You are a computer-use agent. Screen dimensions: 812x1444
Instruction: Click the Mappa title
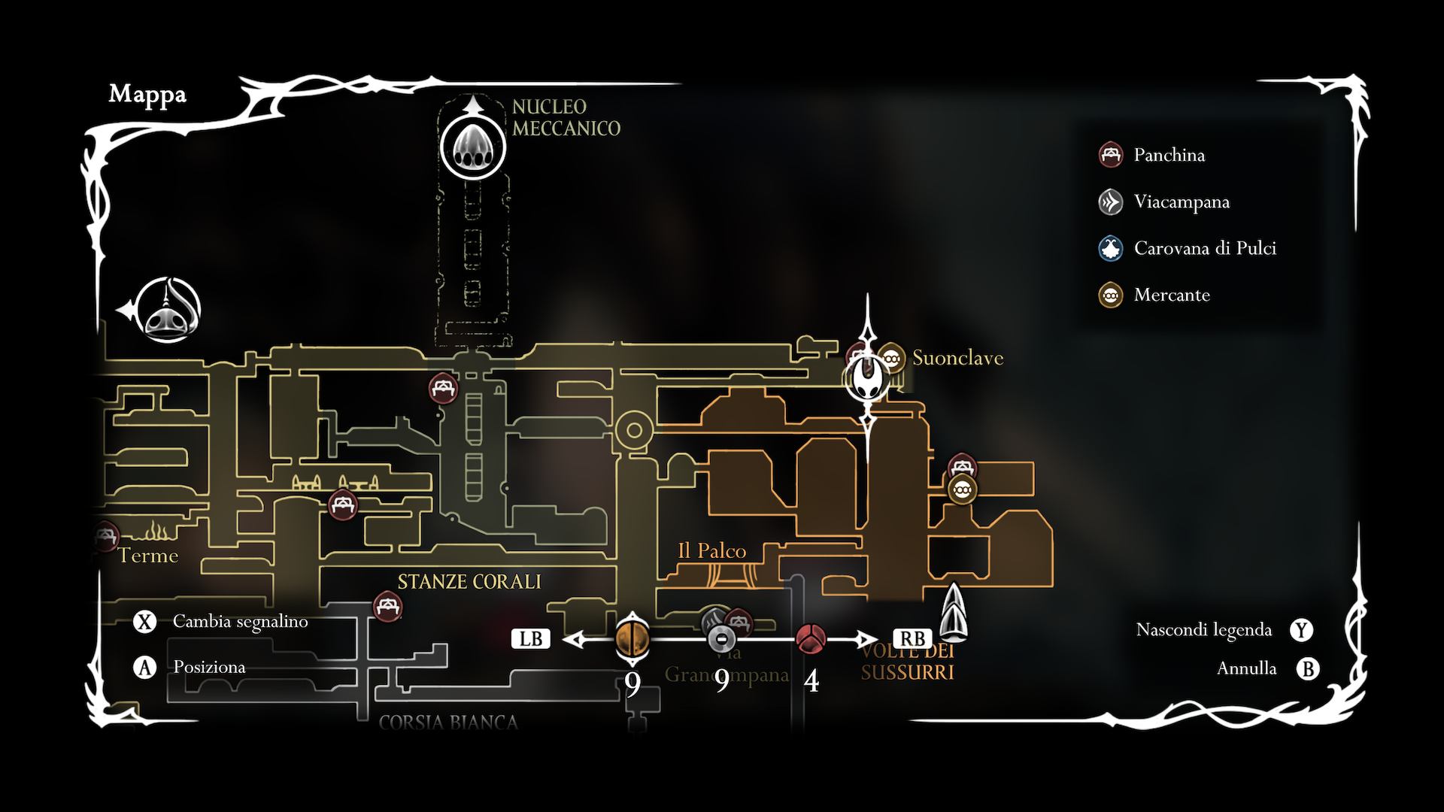pyautogui.click(x=147, y=95)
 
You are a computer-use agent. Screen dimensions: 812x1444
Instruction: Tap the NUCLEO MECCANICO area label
pyautogui.click(x=566, y=118)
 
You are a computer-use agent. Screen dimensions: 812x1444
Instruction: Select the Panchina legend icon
pyautogui.click(x=1111, y=155)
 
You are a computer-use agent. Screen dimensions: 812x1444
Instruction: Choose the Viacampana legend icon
pyautogui.click(x=1111, y=201)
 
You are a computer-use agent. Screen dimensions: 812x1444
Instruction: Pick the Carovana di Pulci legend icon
pyautogui.click(x=1111, y=248)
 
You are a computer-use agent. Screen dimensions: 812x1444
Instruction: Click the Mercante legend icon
pyautogui.click(x=1111, y=295)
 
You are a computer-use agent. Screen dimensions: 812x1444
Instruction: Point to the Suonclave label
pyautogui.click(x=957, y=358)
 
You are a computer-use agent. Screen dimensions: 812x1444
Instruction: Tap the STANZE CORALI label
pyautogui.click(x=469, y=582)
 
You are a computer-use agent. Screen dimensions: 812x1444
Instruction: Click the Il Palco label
pyautogui.click(x=711, y=551)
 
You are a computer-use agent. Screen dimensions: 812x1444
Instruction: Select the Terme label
pyautogui.click(x=148, y=556)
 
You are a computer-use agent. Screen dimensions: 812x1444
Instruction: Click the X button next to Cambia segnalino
pyautogui.click(x=144, y=622)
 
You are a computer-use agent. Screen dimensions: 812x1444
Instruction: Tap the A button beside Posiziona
pyautogui.click(x=144, y=667)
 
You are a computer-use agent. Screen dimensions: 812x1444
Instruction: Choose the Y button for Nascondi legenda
pyautogui.click(x=1302, y=630)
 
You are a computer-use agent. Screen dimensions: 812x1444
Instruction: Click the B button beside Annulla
pyautogui.click(x=1308, y=668)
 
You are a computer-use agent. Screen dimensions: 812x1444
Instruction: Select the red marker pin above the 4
pyautogui.click(x=811, y=639)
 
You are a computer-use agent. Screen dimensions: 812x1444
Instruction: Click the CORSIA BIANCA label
pyautogui.click(x=448, y=723)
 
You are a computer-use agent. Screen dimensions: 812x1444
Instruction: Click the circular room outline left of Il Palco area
pyautogui.click(x=634, y=430)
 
